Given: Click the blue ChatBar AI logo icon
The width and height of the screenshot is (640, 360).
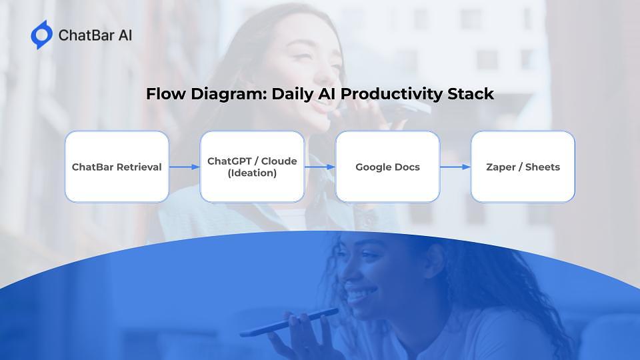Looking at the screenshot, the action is (41, 35).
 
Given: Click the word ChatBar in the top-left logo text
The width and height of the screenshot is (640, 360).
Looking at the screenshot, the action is (86, 35).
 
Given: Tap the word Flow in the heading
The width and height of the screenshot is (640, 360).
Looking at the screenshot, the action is (165, 94).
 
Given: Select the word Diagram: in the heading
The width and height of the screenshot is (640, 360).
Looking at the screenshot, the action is (229, 95).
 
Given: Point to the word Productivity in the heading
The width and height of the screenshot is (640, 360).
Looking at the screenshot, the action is (391, 95).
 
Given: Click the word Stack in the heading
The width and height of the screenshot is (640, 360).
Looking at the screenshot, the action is (471, 94).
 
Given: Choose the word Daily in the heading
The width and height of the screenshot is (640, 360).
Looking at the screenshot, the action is (293, 95).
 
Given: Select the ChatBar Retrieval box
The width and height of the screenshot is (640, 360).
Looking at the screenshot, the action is (117, 167).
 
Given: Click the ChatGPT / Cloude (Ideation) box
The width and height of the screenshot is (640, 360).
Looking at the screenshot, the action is (252, 167).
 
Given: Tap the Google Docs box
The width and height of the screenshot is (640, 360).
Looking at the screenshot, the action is (388, 167).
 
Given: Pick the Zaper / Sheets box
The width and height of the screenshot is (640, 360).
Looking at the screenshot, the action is (523, 167).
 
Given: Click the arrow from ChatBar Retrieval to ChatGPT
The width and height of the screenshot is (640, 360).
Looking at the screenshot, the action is (185, 167).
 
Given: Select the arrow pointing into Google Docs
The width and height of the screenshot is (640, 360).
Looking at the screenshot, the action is (320, 167).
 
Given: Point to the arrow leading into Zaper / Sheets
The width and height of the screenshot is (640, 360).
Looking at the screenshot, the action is (455, 167).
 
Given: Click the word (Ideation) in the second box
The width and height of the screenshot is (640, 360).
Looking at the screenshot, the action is (252, 173).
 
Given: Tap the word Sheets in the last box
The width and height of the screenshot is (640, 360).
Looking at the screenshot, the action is (543, 167).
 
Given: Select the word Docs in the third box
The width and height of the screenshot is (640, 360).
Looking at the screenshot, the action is (407, 167).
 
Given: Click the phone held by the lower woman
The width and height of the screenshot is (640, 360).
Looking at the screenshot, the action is (289, 323).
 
